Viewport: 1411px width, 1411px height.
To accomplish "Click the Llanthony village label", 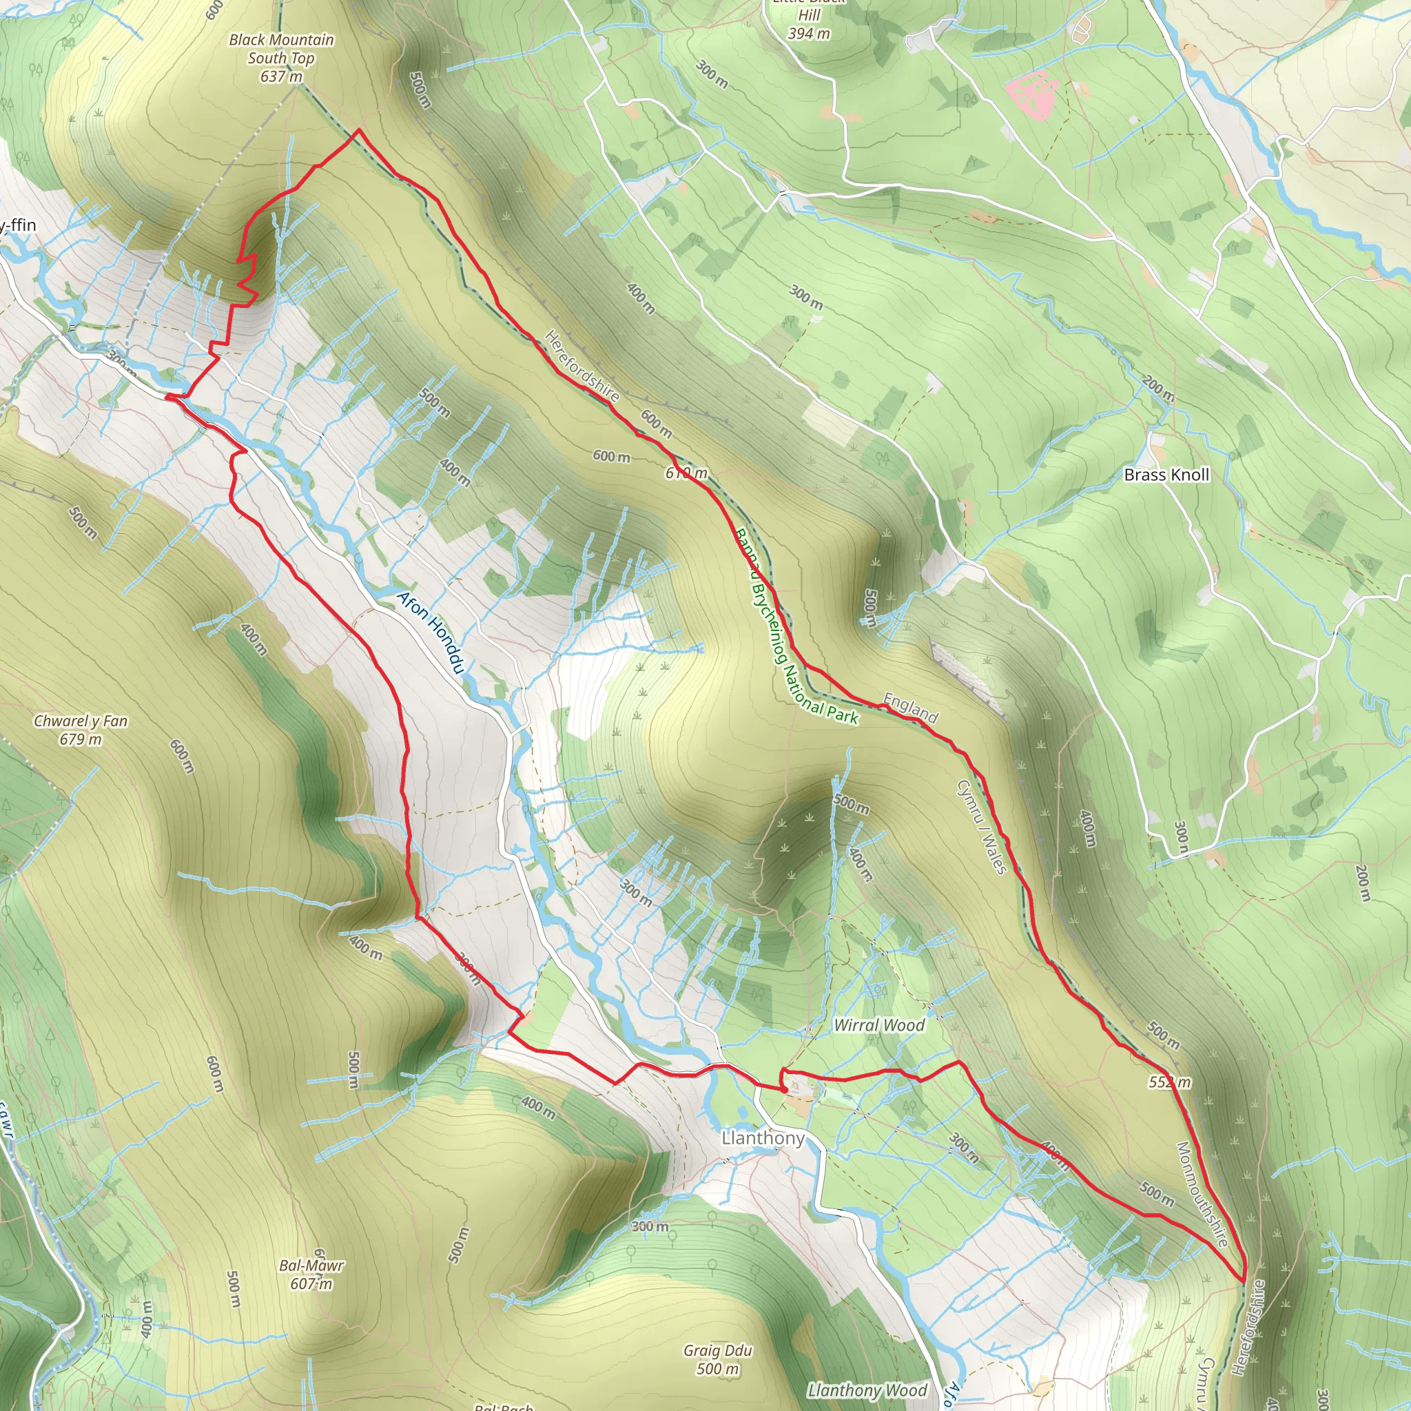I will coord(763,1138).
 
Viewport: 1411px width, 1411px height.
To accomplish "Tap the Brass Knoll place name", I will coord(1166,475).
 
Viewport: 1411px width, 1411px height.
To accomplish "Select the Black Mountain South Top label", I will coord(281,58).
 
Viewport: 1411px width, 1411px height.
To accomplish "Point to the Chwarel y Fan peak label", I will coord(81,730).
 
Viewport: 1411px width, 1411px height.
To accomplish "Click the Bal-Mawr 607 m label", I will coord(311,1274).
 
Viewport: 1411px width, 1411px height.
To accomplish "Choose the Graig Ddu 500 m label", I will coord(717,1359).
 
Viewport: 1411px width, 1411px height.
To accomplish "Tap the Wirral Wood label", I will coord(879,1024).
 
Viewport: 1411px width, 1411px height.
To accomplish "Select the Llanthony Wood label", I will coord(867,1390).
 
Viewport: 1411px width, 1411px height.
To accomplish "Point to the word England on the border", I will coord(910,708).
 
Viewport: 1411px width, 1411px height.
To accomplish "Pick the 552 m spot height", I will coord(1169,1082).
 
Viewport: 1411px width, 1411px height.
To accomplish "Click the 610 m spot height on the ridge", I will coord(686,473).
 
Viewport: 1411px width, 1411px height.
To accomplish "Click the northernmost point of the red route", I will coord(358,130).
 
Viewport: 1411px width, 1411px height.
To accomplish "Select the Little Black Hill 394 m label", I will coord(808,22).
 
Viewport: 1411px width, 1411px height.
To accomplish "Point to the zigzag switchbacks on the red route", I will coord(247,278).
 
